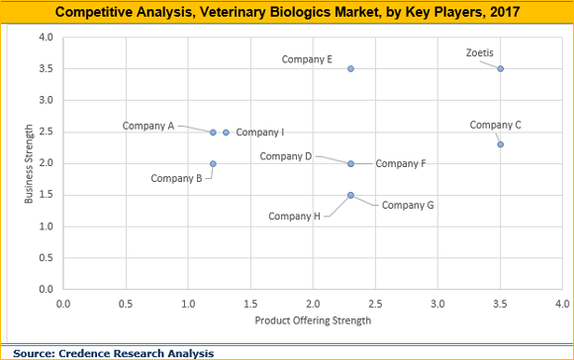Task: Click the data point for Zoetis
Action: (x=501, y=68)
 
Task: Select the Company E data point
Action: (x=350, y=68)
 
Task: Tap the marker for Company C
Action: (x=501, y=144)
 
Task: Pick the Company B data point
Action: (x=213, y=163)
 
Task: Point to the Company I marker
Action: (x=226, y=132)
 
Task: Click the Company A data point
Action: (x=213, y=132)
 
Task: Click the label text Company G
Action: (x=408, y=205)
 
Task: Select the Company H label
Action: (x=295, y=216)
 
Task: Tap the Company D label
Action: (x=286, y=156)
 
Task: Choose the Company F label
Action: (x=401, y=163)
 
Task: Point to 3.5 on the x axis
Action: (x=501, y=303)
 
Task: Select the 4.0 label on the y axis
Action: (x=46, y=37)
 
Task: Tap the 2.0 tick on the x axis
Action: (x=313, y=303)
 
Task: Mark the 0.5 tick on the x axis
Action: (x=126, y=303)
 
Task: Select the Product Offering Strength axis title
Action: (x=312, y=320)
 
